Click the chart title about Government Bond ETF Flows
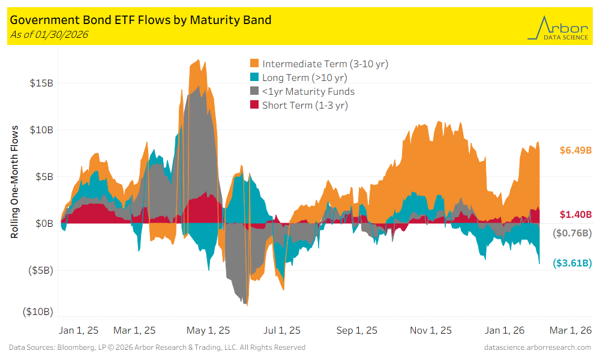(141, 20)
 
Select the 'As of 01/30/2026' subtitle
(49, 34)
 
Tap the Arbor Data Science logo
(557, 28)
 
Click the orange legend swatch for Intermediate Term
(254, 64)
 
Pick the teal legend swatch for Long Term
(254, 77)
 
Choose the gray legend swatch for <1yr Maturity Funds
(254, 92)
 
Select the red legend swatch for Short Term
(254, 106)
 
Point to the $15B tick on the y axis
(41, 83)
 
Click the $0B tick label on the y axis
(43, 223)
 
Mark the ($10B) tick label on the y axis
(38, 312)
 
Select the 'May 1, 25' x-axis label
(208, 330)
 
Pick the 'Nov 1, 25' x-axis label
(431, 330)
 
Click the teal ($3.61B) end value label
(572, 263)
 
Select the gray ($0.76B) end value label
(572, 233)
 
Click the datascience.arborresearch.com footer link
(537, 347)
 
